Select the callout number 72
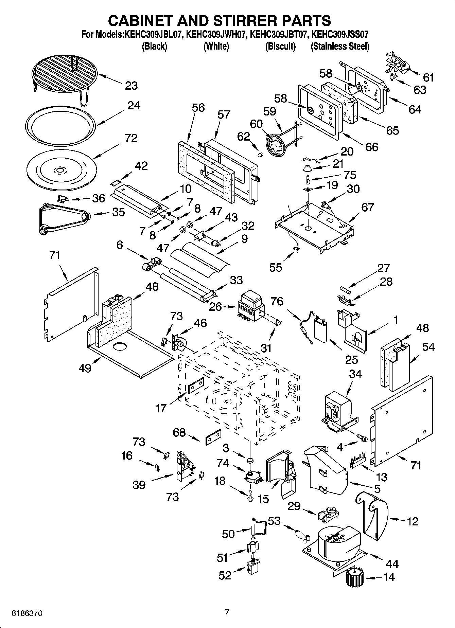[131, 138]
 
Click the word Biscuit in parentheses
[280, 46]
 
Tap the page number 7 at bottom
[227, 612]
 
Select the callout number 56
[198, 108]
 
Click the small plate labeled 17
[196, 385]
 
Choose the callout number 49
[85, 367]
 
